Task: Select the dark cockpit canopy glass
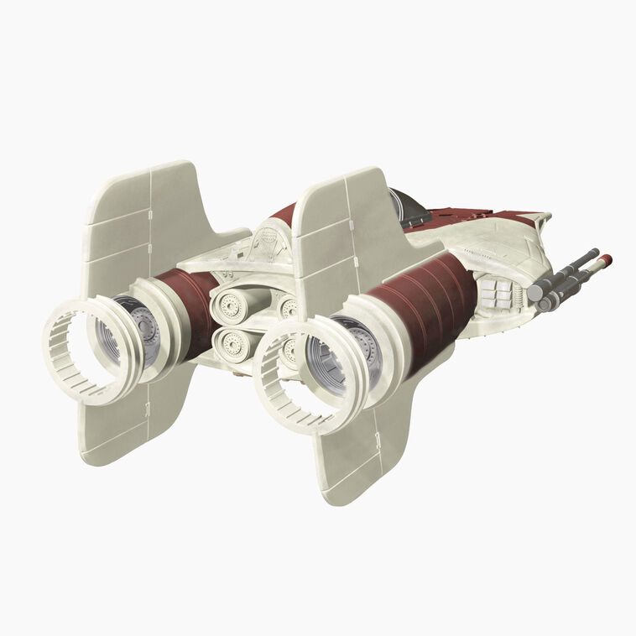(x=410, y=208)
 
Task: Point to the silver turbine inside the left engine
(x=138, y=327)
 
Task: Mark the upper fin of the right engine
(x=344, y=227)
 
